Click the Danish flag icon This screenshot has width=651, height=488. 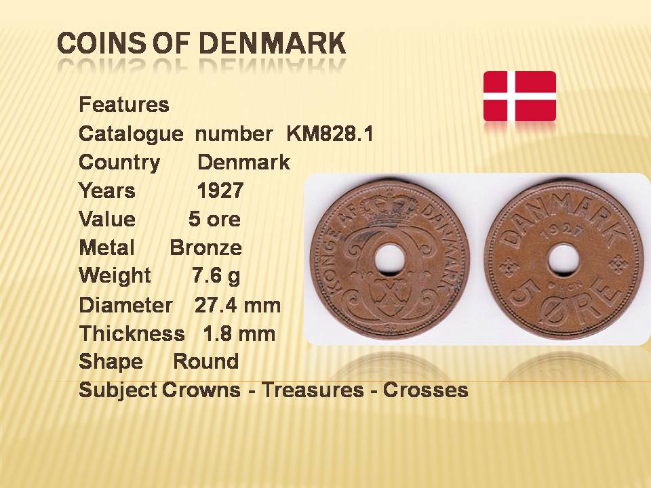coord(519,96)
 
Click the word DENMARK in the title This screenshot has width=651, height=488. coord(273,43)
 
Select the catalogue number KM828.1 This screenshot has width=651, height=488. coord(330,134)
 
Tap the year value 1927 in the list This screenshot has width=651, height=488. coord(220,191)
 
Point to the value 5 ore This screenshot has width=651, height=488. coord(215,219)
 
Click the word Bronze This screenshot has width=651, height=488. coord(206,248)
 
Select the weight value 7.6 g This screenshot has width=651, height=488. coord(216,276)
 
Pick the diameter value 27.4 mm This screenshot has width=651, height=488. coord(237,306)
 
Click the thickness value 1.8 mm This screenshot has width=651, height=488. coord(239,333)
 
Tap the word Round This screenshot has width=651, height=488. coord(206,362)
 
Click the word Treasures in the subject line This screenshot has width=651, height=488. coord(313,390)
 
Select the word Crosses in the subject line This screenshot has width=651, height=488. coord(426,390)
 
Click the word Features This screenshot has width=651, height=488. coord(124,104)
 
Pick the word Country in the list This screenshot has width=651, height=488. coord(119,163)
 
